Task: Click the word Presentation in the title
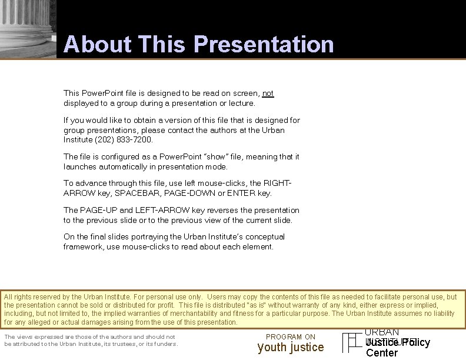pos(263,45)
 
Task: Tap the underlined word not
pos(268,94)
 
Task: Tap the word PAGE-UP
pos(98,210)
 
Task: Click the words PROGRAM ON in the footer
pos(291,337)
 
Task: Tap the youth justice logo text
pos(291,348)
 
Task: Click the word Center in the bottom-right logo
pos(382,353)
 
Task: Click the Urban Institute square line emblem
pos(352,343)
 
